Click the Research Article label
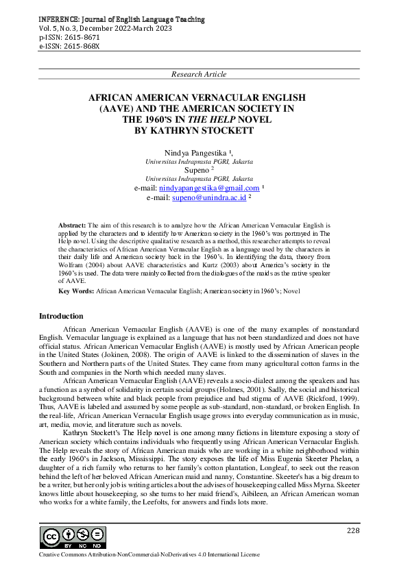click(199, 73)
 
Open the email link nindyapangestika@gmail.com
click(209, 188)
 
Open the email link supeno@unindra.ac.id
click(209, 197)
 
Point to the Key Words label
click(77, 292)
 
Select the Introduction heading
click(61, 316)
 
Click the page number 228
click(353, 531)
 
